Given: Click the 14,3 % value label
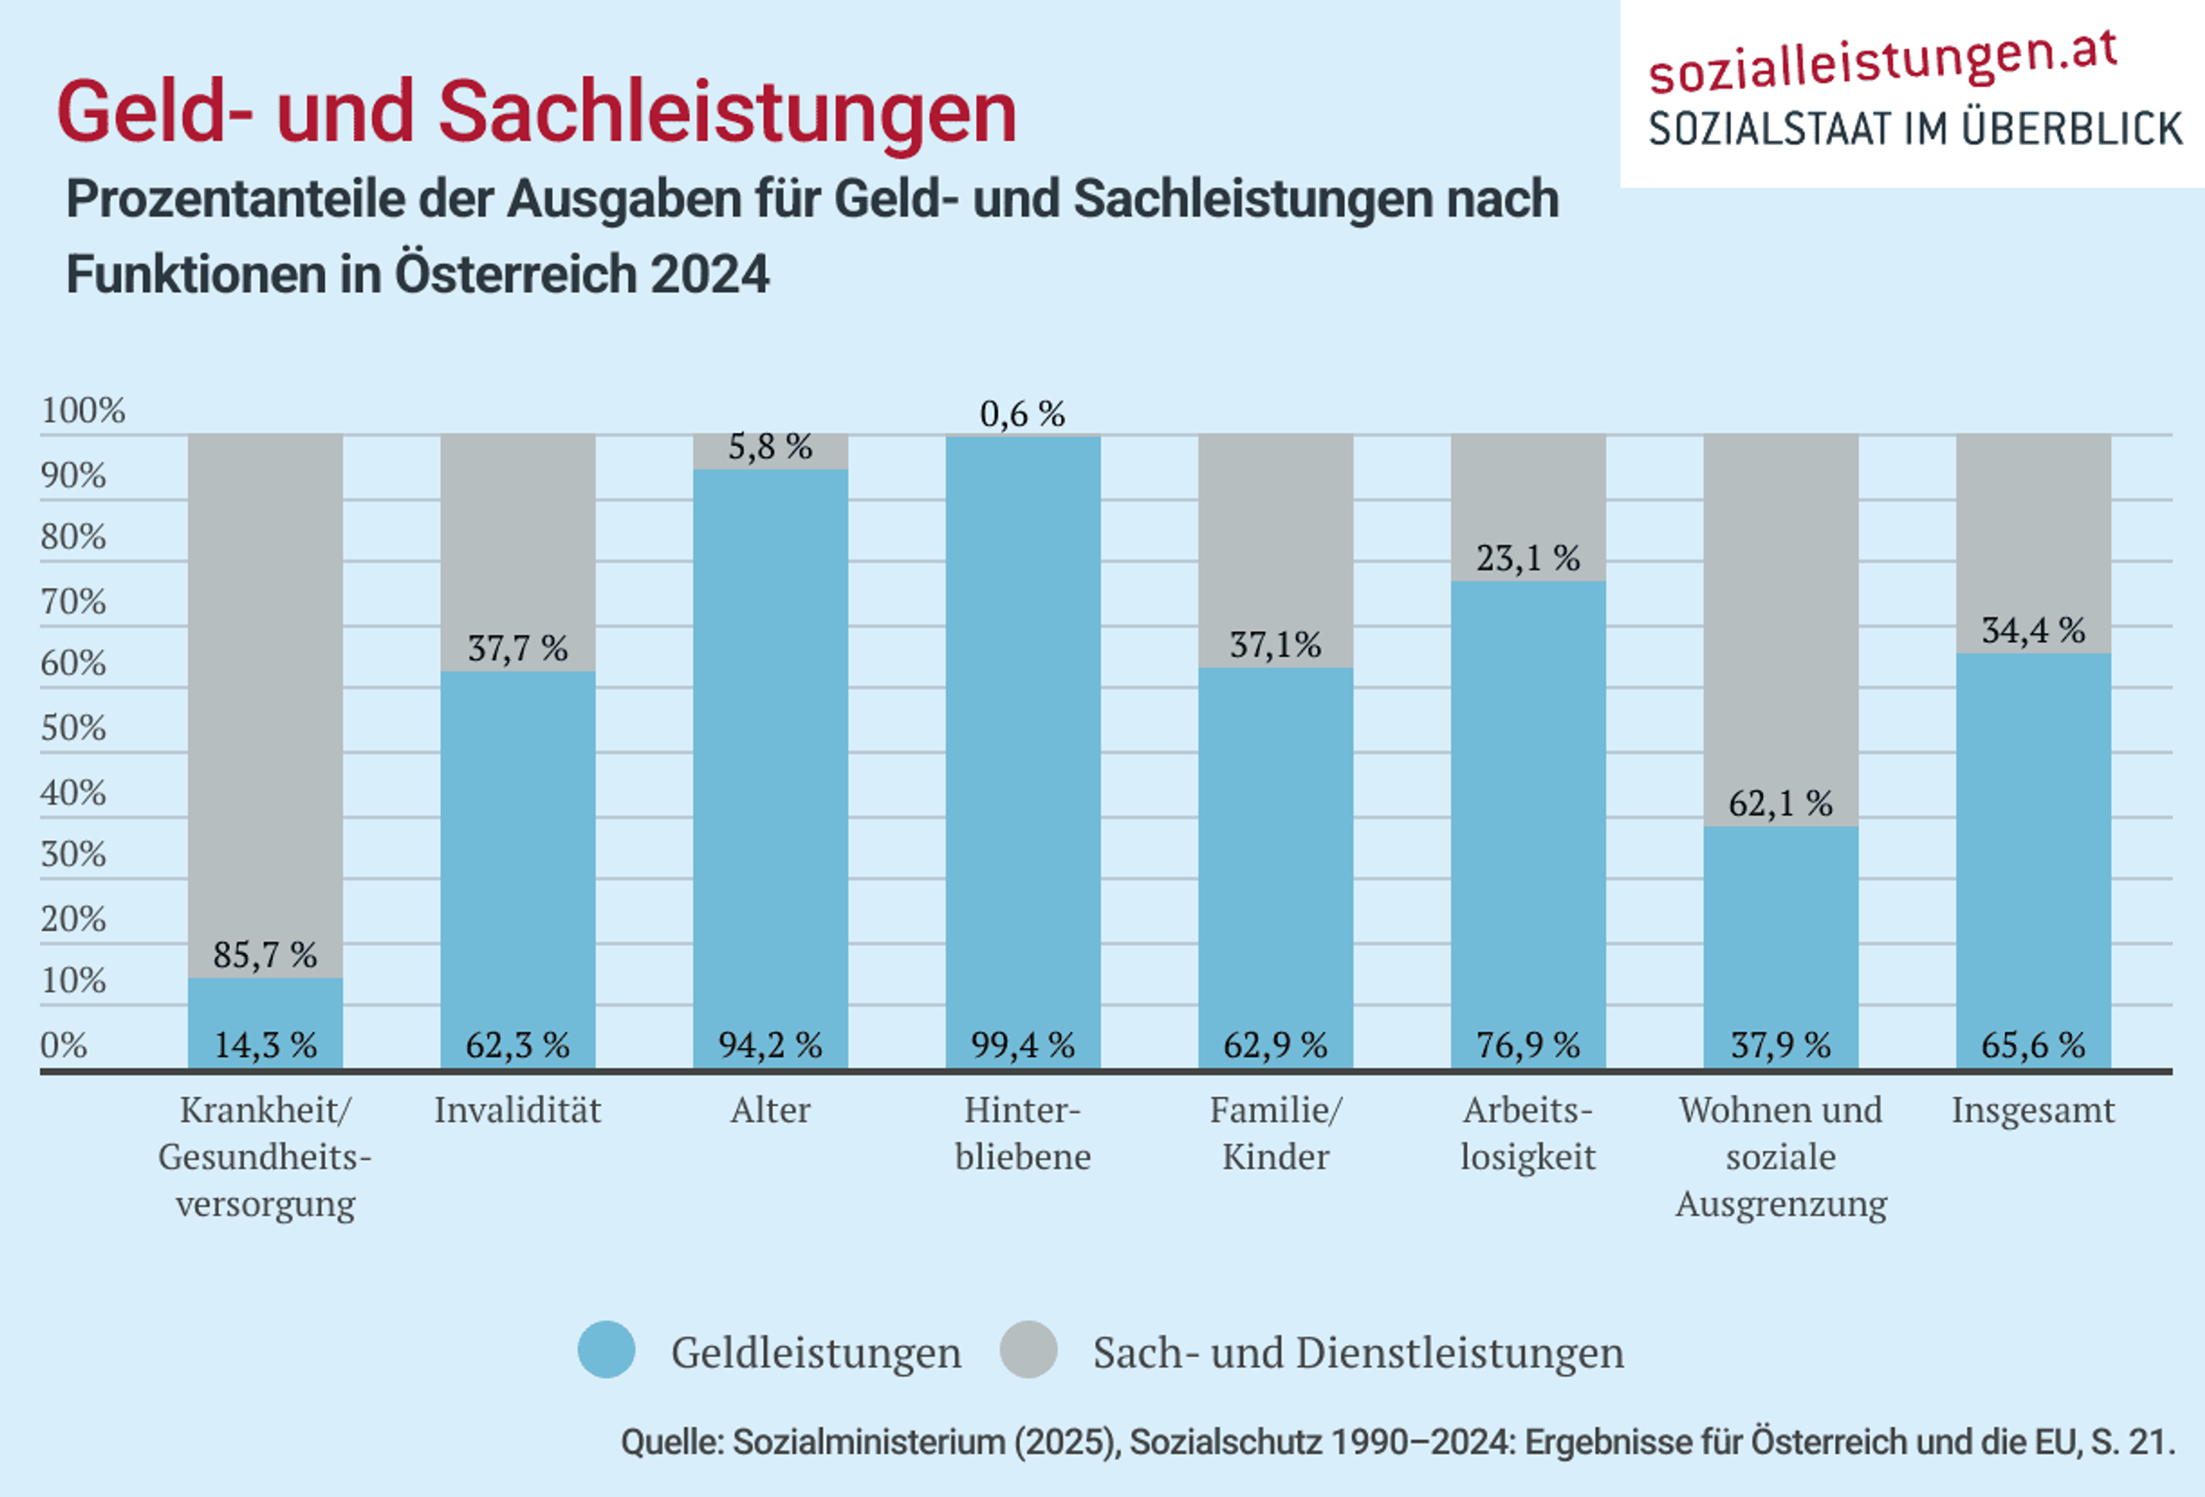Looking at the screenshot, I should click(265, 1045).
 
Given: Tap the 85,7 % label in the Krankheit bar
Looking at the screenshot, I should click(265, 955).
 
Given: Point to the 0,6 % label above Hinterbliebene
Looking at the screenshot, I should click(1022, 414).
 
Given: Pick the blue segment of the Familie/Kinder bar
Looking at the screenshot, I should click(1275, 854).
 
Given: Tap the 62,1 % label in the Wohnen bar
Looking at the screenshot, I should click(1780, 804).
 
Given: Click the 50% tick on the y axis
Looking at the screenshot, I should click(72, 728).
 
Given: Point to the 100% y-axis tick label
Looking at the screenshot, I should click(83, 411).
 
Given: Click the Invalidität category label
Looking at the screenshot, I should click(517, 1110).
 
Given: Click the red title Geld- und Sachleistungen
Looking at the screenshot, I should click(536, 112).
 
